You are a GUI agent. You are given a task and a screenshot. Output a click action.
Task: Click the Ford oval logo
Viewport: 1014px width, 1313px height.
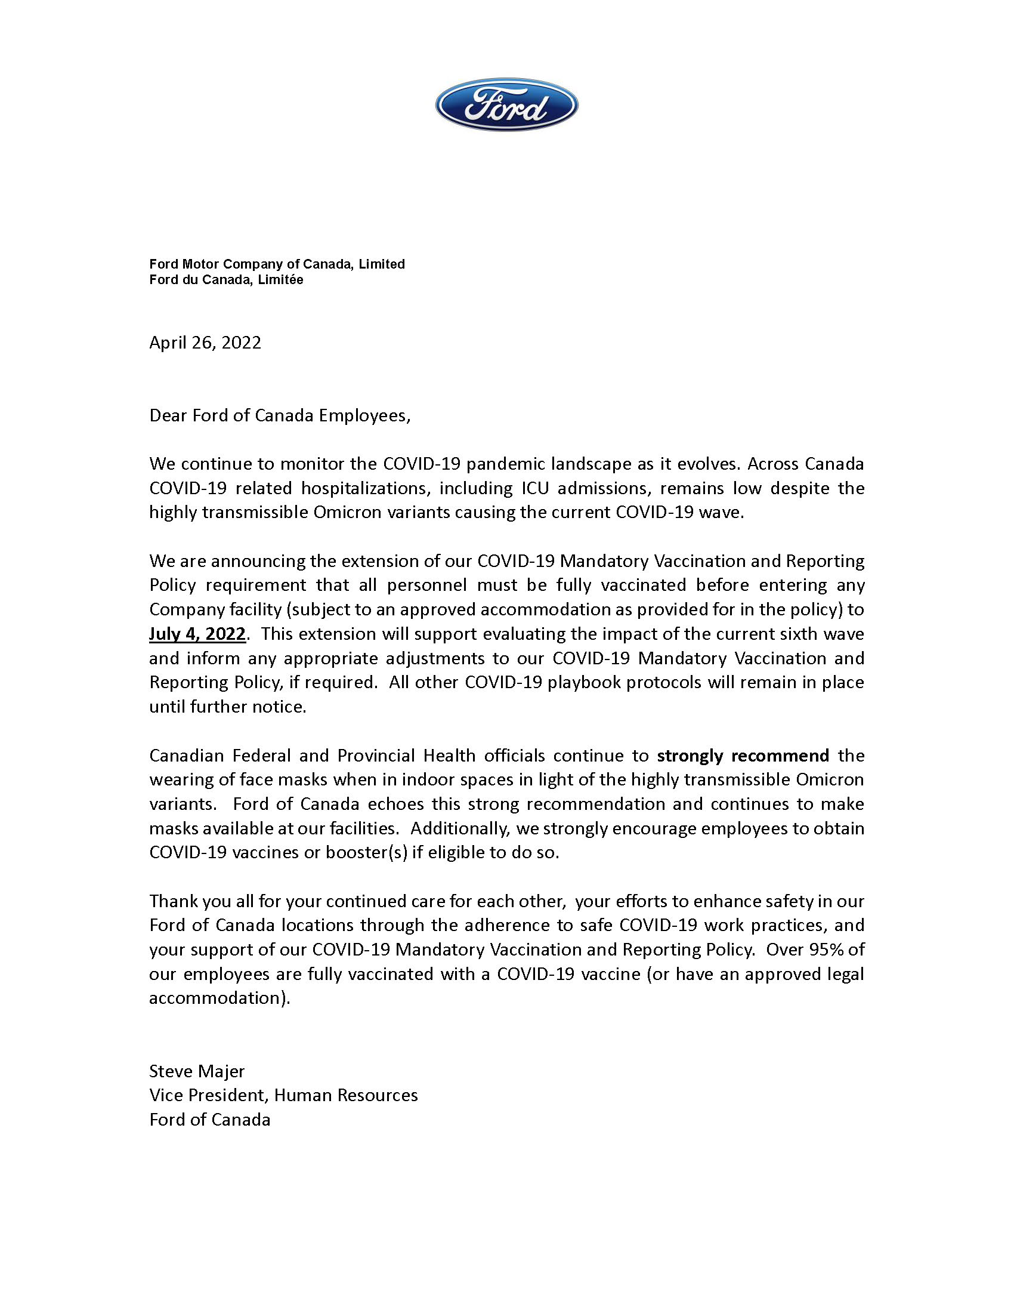(506, 105)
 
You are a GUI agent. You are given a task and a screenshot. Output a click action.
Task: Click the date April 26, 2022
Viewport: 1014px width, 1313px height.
(205, 343)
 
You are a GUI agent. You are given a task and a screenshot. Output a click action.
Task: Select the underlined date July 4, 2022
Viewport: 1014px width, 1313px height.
(197, 634)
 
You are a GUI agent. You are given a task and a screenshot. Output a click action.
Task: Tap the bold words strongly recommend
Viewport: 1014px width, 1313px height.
(743, 755)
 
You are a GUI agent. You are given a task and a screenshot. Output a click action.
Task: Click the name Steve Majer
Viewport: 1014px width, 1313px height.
(197, 1071)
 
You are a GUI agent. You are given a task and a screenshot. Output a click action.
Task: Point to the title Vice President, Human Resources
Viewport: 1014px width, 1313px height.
(283, 1095)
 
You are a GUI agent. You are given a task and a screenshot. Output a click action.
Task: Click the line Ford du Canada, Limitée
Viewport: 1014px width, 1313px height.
(226, 280)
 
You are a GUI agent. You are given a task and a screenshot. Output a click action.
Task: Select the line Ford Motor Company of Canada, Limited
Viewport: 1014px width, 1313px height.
(277, 264)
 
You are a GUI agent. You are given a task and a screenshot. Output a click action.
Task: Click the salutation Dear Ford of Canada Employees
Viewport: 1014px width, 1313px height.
(280, 415)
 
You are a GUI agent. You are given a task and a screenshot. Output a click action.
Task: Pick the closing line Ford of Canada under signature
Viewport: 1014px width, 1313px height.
(209, 1120)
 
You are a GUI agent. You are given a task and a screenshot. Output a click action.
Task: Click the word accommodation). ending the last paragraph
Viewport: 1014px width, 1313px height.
(220, 998)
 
